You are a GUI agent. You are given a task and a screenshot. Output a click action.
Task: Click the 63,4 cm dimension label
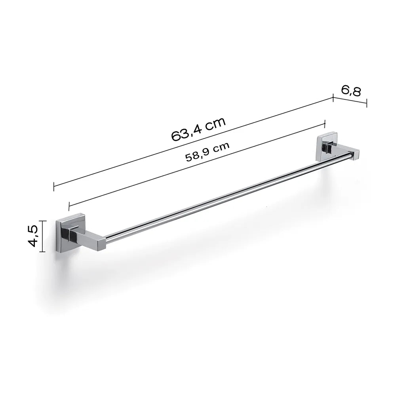[198, 129]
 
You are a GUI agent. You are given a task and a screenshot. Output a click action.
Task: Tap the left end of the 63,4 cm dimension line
[54, 186]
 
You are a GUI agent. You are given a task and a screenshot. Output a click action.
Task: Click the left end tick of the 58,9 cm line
[69, 205]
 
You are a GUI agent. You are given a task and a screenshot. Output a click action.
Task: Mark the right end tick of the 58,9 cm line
[325, 124]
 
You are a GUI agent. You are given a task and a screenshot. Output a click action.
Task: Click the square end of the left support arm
[101, 244]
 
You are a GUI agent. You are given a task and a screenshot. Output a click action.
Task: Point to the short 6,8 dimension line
[350, 100]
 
